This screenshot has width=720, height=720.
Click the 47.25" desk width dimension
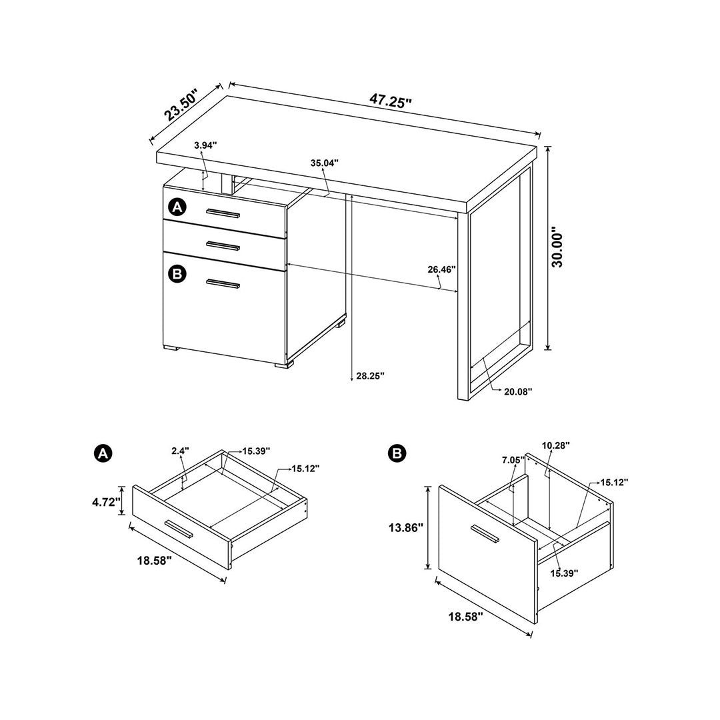(x=391, y=101)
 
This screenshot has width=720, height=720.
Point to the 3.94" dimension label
(x=205, y=145)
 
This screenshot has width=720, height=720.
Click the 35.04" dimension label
(x=325, y=163)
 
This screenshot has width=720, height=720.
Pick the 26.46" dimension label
(x=441, y=269)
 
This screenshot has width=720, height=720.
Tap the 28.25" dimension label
(x=370, y=376)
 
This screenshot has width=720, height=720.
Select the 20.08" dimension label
(x=518, y=392)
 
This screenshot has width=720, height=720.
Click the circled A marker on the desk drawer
(x=177, y=207)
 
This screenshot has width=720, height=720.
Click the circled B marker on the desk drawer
(x=177, y=273)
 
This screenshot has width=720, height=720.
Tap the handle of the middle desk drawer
(x=223, y=245)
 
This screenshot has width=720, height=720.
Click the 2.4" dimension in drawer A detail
(x=180, y=451)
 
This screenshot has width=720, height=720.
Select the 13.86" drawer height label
(x=406, y=527)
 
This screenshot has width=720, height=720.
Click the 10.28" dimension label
(x=556, y=445)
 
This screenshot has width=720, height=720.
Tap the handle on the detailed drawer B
(x=485, y=534)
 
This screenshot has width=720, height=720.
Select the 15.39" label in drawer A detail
(x=255, y=451)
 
